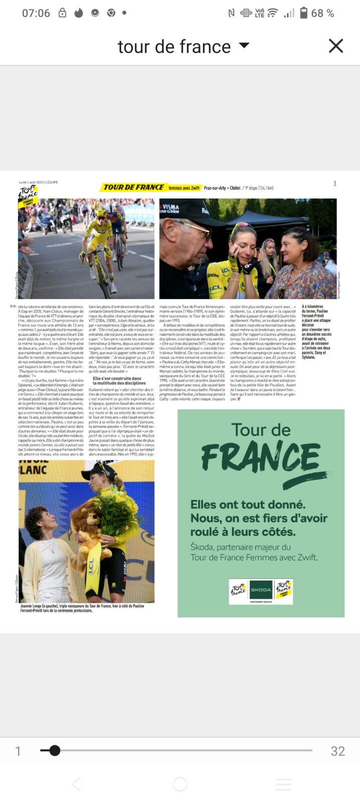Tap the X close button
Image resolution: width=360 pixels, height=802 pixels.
pyautogui.click(x=335, y=46)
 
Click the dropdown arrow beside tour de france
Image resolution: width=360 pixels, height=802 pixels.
pyautogui.click(x=244, y=46)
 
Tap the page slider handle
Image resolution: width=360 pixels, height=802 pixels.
pyautogui.click(x=55, y=750)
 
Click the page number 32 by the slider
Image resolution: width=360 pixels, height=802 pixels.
pyautogui.click(x=337, y=751)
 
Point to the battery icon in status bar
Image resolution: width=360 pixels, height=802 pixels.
pyautogui.click(x=303, y=13)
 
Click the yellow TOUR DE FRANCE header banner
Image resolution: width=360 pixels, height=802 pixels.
pyautogui.click(x=133, y=187)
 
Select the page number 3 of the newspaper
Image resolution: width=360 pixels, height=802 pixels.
pyautogui.click(x=334, y=183)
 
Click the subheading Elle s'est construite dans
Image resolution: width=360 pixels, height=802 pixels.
pyautogui.click(x=117, y=378)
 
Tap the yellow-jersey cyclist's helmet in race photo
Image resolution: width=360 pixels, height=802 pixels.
pyautogui.click(x=101, y=213)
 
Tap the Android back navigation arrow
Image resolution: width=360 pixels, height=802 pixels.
pyautogui.click(x=76, y=784)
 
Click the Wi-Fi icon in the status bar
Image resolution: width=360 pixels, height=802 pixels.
pyautogui.click(x=272, y=13)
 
